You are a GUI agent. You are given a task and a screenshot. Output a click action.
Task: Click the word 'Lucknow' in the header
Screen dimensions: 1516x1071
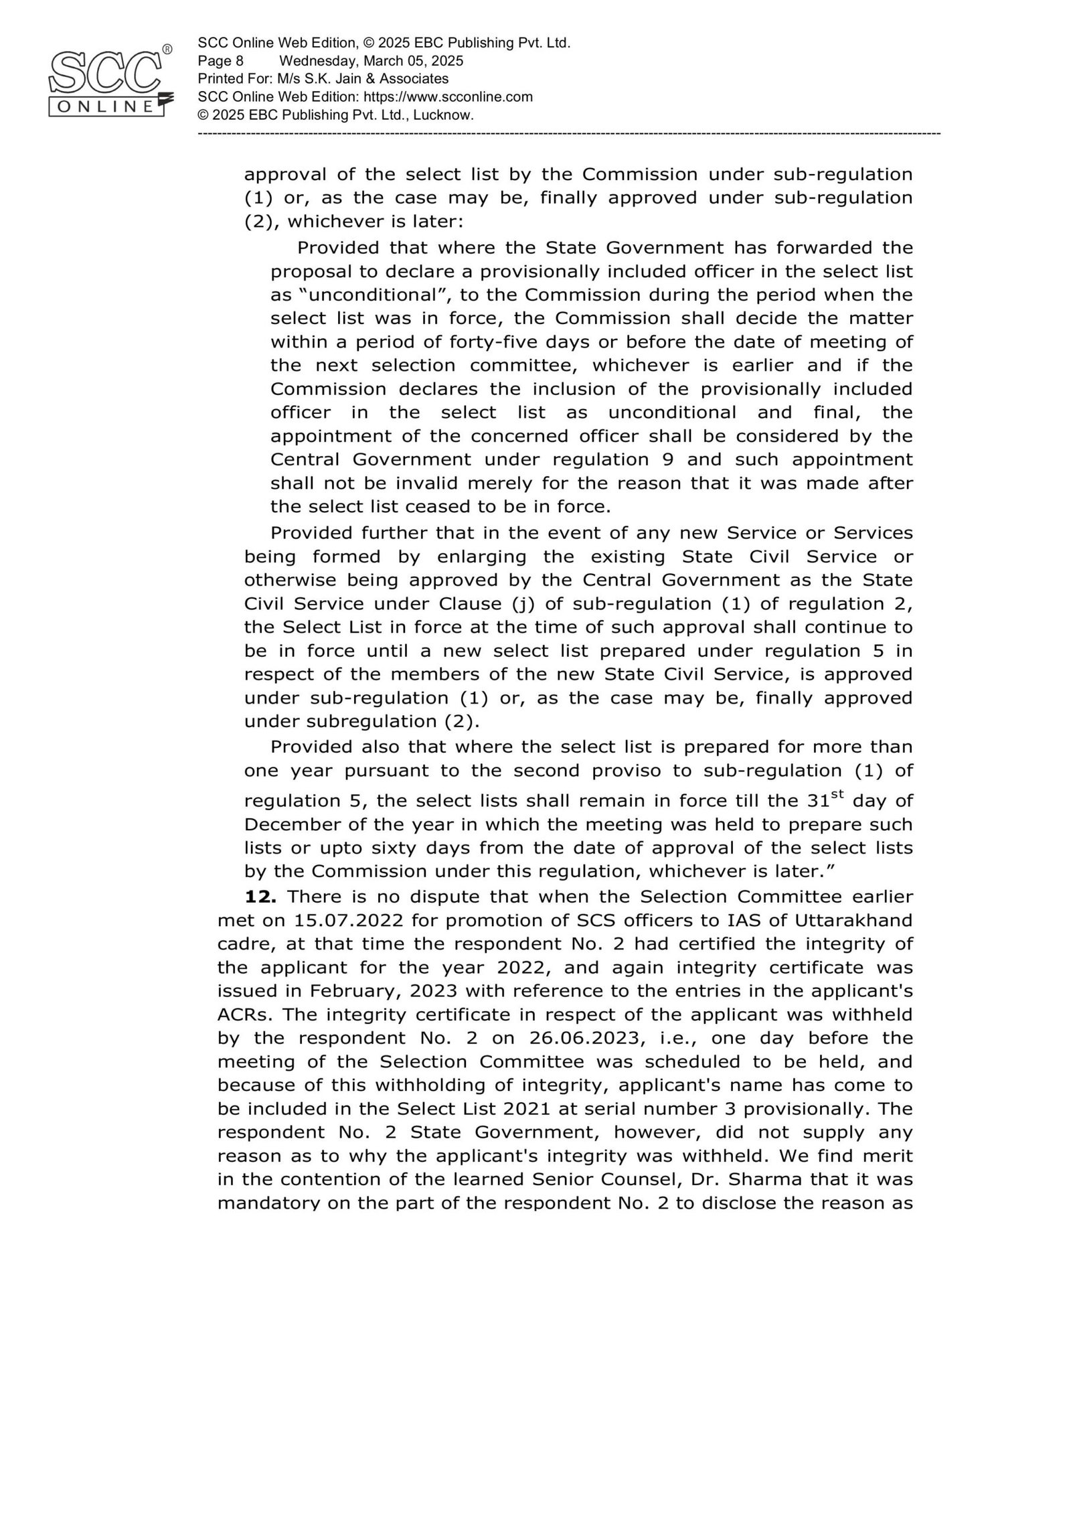[442, 115]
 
